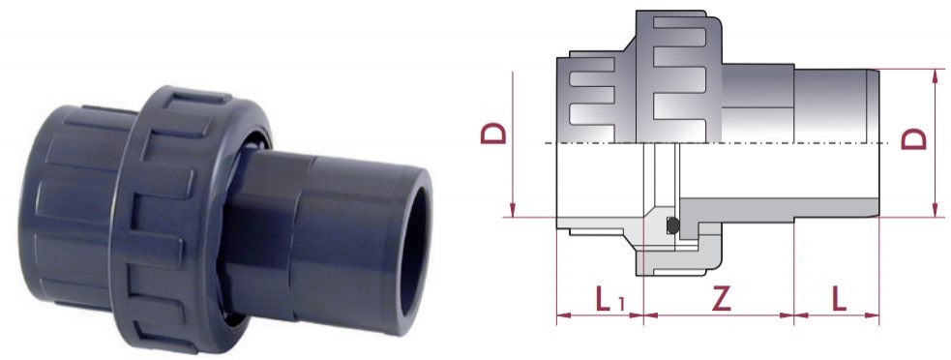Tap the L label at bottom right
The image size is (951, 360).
pyautogui.click(x=838, y=299)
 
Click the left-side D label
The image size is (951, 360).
pyautogui.click(x=493, y=133)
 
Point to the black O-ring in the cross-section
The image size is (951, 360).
pyautogui.click(x=672, y=225)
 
